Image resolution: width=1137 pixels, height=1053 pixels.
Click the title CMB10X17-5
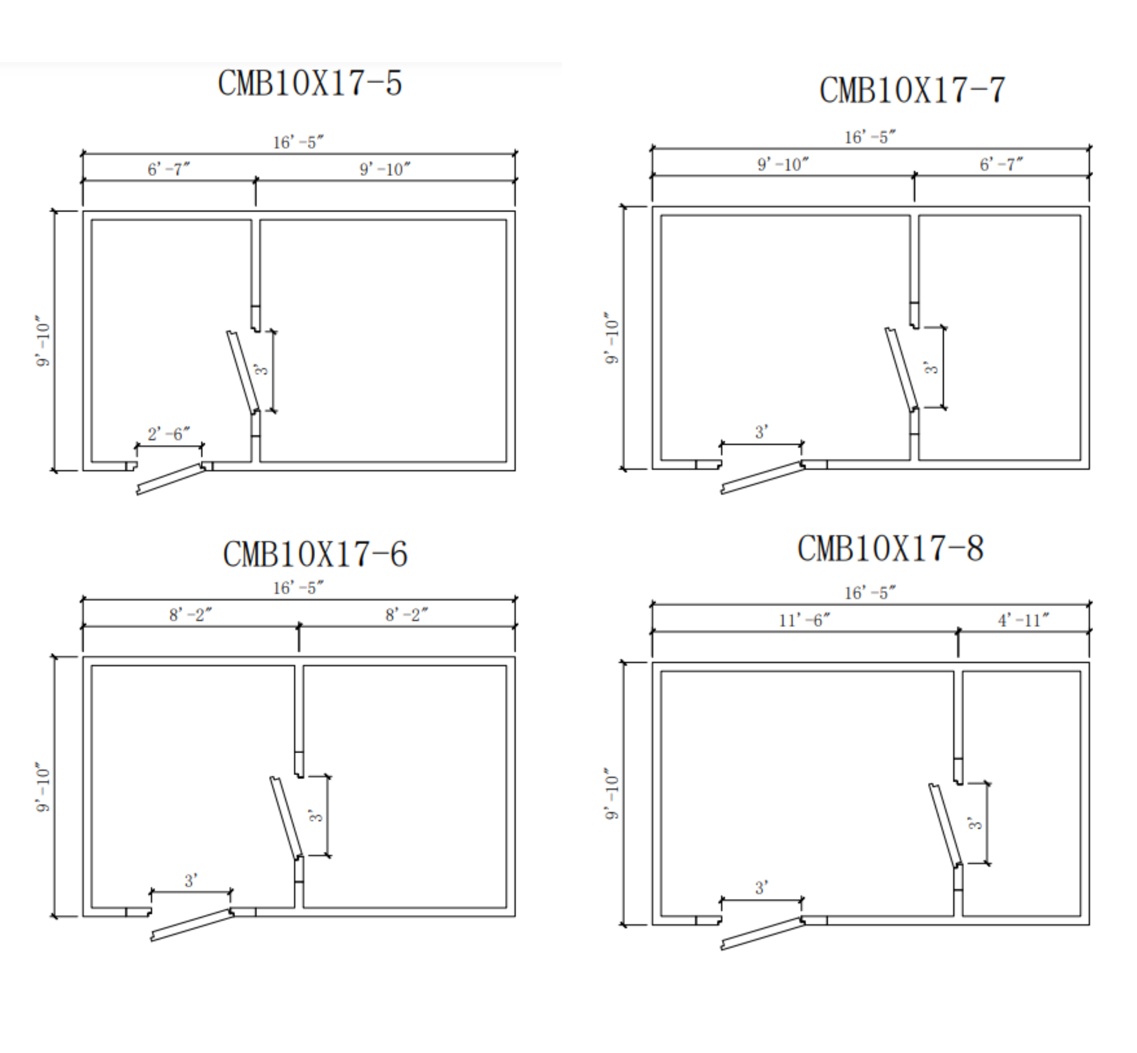point(309,83)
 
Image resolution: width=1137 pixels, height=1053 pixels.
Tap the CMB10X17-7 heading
point(912,90)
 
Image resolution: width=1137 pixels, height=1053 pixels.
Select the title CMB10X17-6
point(315,554)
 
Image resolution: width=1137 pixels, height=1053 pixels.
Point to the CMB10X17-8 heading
point(890,549)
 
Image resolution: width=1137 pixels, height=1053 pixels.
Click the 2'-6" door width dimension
point(168,434)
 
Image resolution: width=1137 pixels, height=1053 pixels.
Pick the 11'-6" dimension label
point(804,620)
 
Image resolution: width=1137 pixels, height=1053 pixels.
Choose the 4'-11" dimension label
point(1023,620)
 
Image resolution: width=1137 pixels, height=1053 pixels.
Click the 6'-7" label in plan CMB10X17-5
point(168,169)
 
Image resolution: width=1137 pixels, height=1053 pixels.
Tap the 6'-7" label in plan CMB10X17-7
point(1001,165)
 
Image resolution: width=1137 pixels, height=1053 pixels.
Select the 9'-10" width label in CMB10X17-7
point(783,165)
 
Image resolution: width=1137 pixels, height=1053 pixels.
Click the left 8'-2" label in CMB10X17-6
point(190,615)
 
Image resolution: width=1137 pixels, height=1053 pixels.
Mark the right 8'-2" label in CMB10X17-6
point(407,615)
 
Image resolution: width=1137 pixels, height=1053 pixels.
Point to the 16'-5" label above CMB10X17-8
point(869,593)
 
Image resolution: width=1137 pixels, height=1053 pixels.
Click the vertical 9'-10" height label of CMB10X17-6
point(43,786)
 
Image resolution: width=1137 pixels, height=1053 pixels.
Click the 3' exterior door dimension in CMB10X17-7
point(761,432)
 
